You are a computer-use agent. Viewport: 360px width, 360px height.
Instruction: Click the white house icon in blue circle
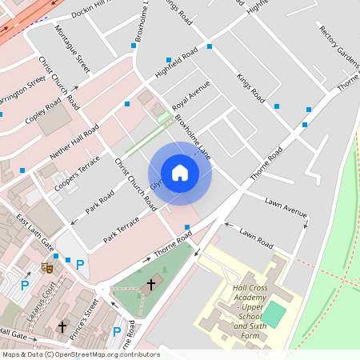tap(180, 173)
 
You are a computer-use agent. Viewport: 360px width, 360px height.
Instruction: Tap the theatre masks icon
tap(46, 269)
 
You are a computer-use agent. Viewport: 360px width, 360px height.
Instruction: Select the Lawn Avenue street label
tap(286, 208)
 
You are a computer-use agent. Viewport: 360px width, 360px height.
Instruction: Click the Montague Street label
tap(72, 50)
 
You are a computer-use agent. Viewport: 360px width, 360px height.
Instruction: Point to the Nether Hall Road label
tap(74, 140)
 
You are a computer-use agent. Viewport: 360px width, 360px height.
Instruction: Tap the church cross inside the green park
tap(151, 284)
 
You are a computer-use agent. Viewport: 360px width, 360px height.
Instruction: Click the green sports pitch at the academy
tap(274, 314)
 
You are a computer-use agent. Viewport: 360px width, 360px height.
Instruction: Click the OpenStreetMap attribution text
tap(80, 354)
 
